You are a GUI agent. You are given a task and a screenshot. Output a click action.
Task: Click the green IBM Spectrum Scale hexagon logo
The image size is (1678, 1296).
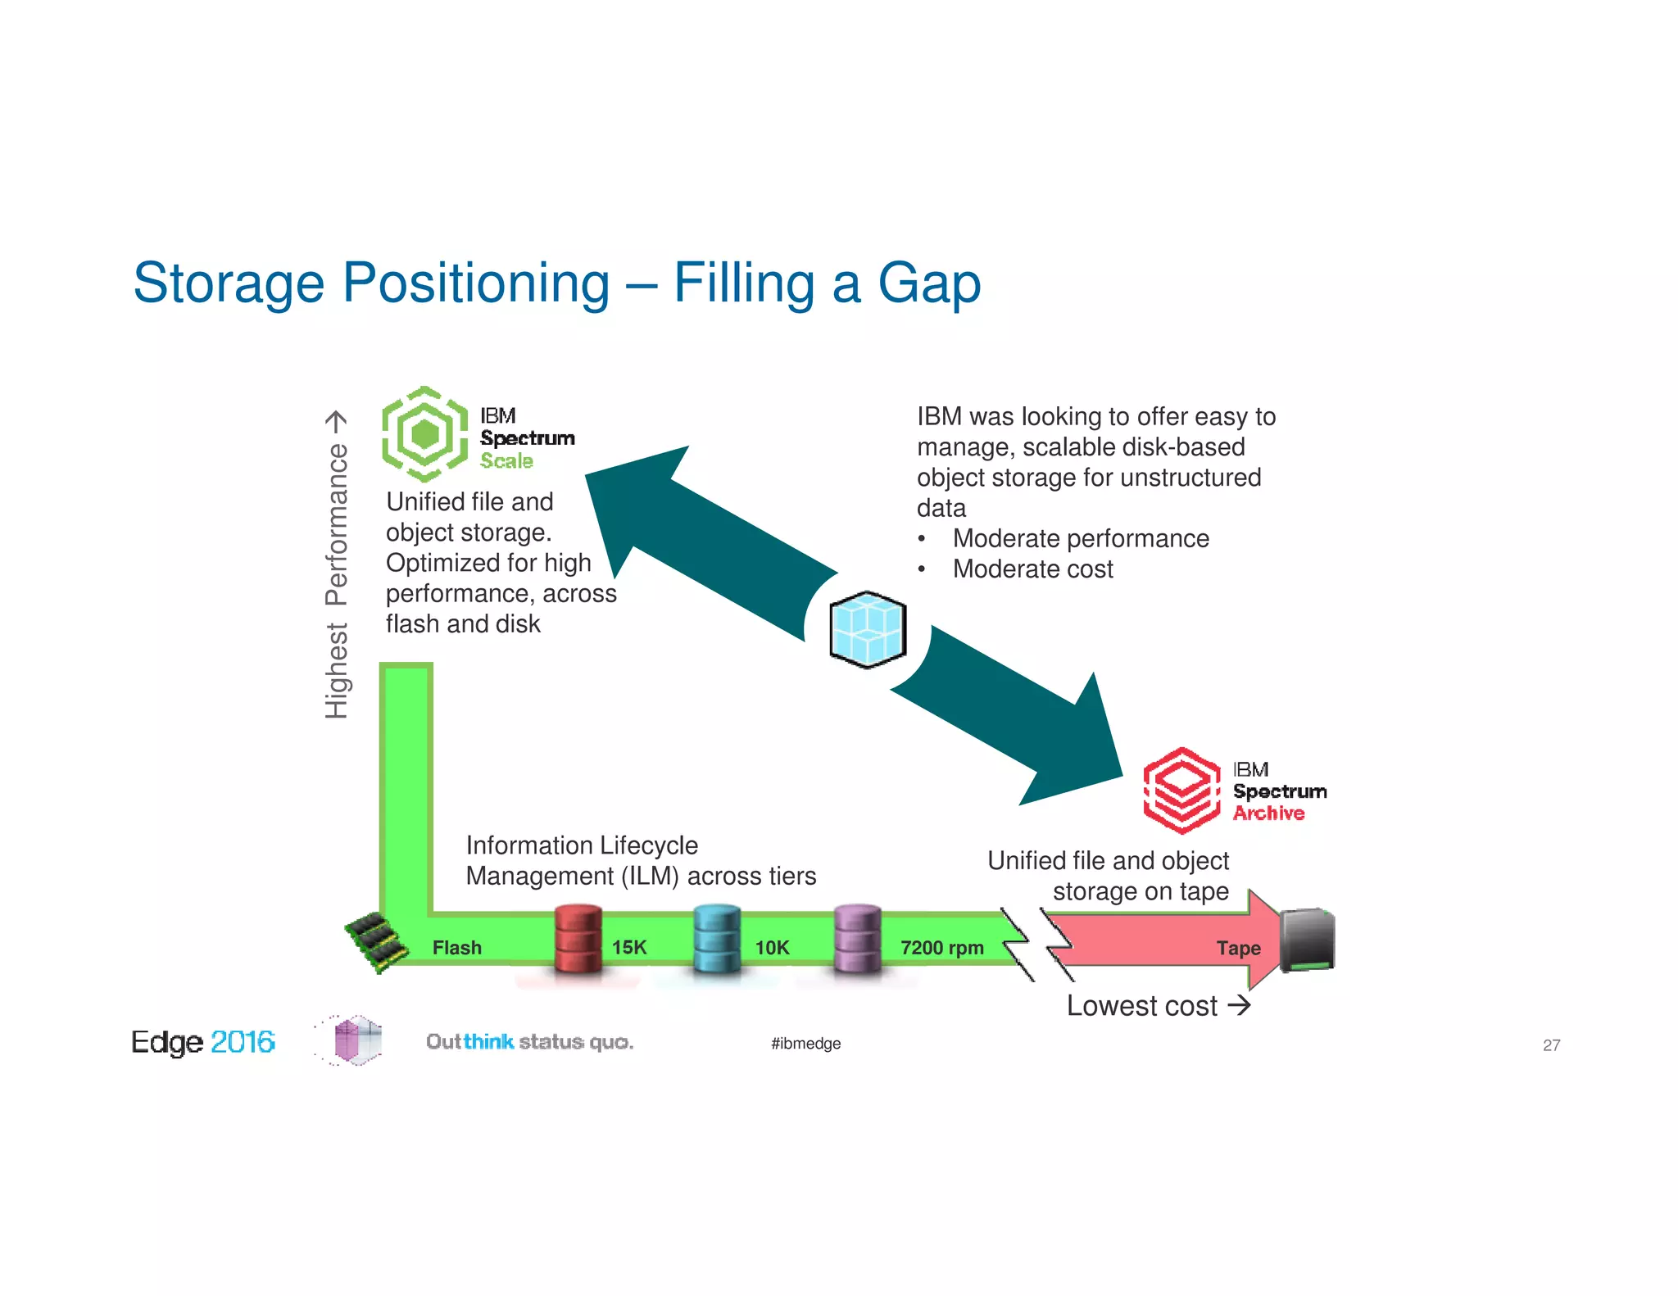point(424,434)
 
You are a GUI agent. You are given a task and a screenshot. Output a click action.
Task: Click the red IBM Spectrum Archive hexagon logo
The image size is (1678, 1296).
point(1181,791)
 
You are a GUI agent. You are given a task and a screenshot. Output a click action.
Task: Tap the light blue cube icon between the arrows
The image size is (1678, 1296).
point(868,629)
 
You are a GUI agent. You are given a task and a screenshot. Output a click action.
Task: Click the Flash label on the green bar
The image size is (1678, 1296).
point(456,948)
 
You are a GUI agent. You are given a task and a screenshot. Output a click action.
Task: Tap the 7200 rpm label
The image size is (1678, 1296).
point(941,948)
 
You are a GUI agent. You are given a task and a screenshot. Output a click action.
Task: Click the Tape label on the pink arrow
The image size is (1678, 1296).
point(1238,949)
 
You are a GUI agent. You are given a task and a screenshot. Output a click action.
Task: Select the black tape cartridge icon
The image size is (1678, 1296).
point(1308,940)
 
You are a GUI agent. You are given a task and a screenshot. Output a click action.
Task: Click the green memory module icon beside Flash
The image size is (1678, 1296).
point(376,942)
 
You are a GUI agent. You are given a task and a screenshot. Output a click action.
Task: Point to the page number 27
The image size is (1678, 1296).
point(1551,1045)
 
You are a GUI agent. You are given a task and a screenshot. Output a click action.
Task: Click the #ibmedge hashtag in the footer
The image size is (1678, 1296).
point(805,1044)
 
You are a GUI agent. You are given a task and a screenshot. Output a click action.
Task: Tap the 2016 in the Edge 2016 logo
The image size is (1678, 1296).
point(243,1042)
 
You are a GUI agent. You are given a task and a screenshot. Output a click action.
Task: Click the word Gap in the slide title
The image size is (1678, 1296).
point(928,283)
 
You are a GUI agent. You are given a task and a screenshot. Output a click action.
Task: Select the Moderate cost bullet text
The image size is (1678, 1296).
point(1032,569)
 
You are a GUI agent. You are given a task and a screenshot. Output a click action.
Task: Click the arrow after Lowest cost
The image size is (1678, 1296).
point(1240,1005)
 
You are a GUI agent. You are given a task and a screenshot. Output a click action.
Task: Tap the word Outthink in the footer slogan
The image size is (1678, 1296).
point(469,1042)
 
